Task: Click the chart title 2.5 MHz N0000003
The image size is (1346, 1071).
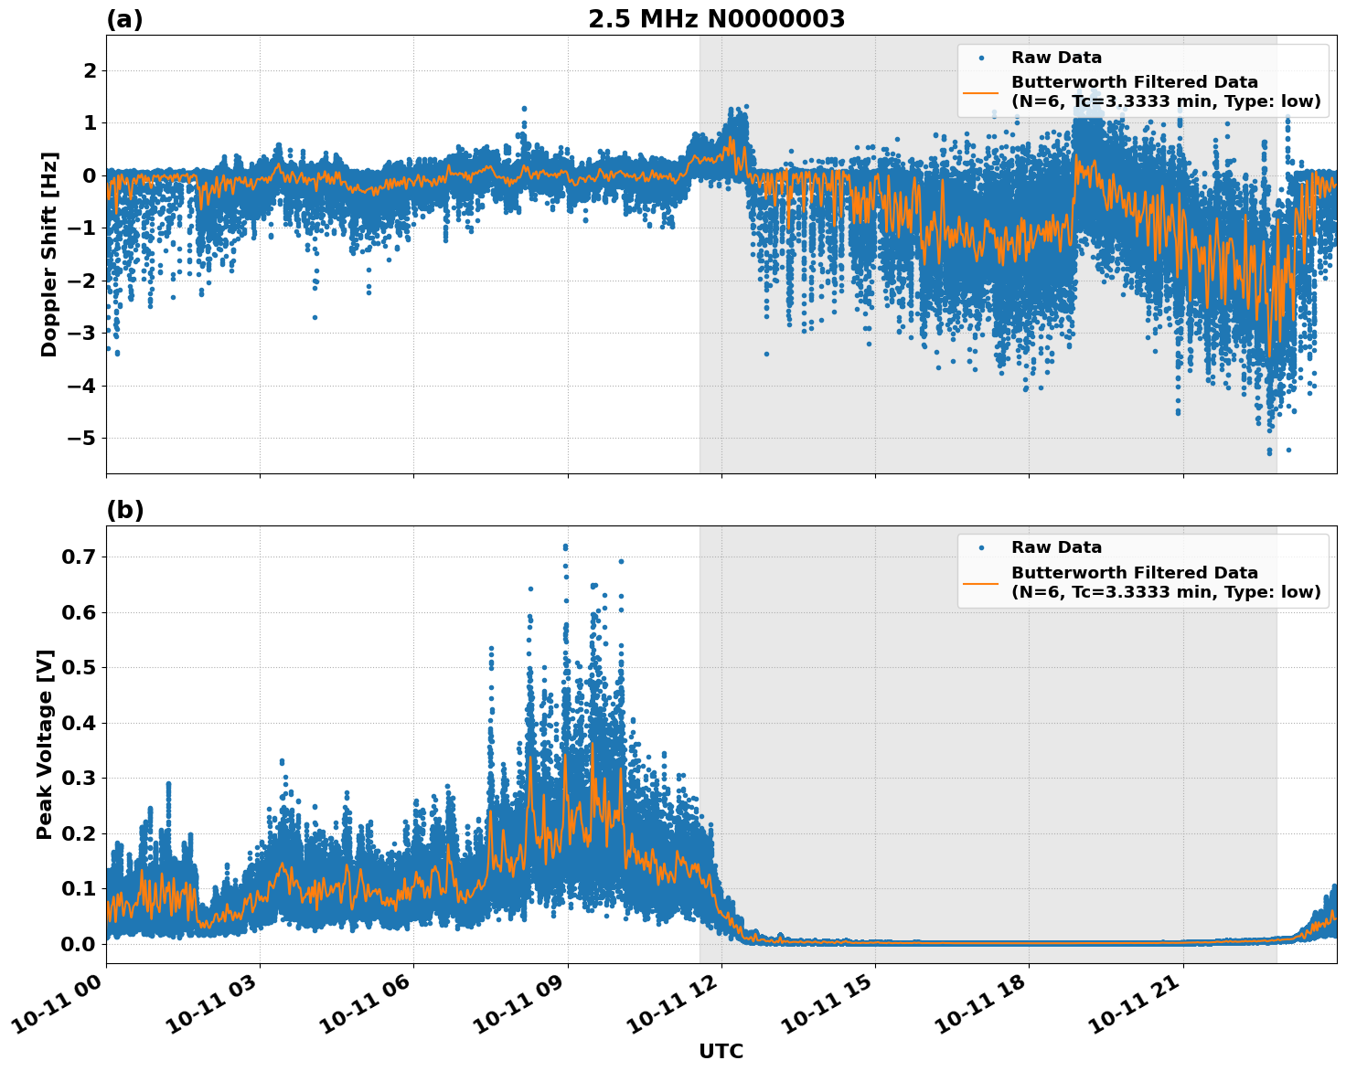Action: point(716,19)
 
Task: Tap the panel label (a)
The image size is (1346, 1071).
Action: point(124,19)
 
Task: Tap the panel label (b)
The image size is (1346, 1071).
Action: point(124,510)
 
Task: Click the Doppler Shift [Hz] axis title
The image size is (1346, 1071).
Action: point(49,254)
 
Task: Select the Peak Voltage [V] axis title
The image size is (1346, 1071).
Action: point(45,745)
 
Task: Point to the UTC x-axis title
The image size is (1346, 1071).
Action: point(721,1051)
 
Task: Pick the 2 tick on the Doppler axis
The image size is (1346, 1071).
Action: point(91,71)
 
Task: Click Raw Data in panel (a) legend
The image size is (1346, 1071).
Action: point(1056,58)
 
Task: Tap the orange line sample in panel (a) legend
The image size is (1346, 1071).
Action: point(980,91)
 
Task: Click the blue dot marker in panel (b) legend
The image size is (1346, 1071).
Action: point(980,547)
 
